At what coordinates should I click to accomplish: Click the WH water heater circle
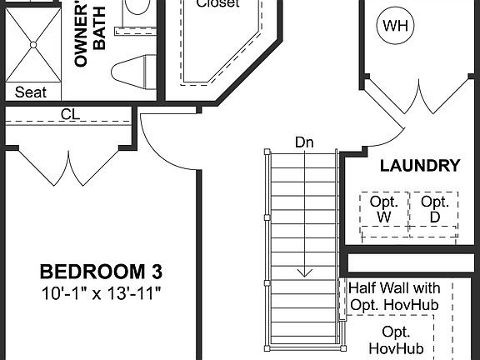397,27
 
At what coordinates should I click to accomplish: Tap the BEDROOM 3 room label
102,272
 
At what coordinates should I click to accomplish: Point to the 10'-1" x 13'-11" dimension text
102,293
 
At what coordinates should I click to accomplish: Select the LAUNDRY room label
419,166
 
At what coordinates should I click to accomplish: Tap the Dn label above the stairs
304,142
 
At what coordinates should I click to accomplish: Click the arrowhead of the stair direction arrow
305,272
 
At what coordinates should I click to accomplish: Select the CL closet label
70,114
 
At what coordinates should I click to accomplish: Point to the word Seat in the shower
31,92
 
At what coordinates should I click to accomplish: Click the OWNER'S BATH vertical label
91,37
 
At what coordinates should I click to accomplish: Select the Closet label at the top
217,4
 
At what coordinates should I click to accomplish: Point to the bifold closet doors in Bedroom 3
67,167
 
